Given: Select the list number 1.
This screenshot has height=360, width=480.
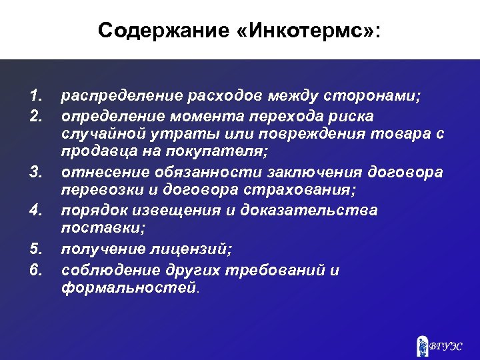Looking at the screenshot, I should [x=37, y=97].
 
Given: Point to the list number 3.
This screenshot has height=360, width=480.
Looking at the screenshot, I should [x=37, y=173].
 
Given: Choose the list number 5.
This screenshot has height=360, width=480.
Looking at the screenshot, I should [x=37, y=251].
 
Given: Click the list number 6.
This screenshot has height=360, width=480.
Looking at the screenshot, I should [x=37, y=270].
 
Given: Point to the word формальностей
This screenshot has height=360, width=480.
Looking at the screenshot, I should [x=129, y=289].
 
